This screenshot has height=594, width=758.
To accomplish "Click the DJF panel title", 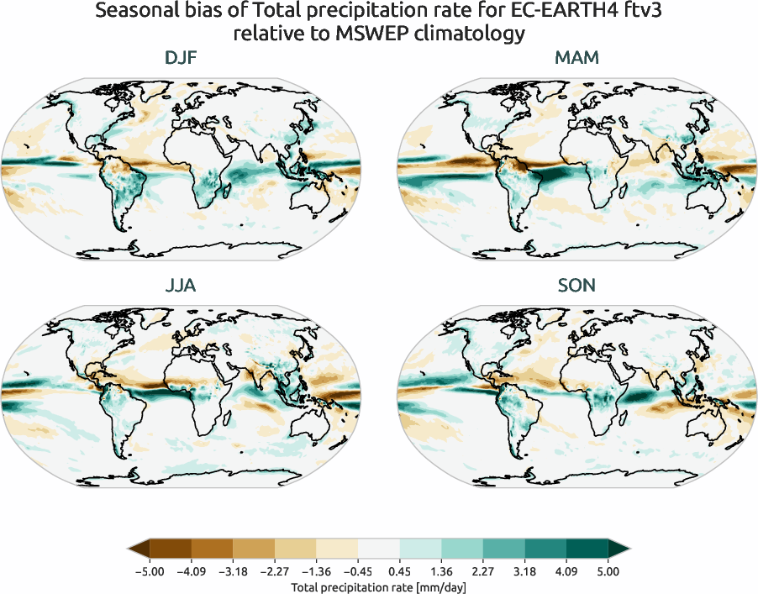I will point(182,58).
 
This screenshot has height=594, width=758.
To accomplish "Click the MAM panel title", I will point(576,58).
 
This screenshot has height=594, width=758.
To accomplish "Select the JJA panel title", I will point(182,286).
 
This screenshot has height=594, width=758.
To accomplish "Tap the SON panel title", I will point(576,286).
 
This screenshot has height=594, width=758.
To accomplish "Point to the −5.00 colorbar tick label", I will point(149,571).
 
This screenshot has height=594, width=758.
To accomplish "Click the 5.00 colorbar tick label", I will point(608,571).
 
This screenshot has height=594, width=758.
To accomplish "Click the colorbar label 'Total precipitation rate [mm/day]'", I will point(378,587).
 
